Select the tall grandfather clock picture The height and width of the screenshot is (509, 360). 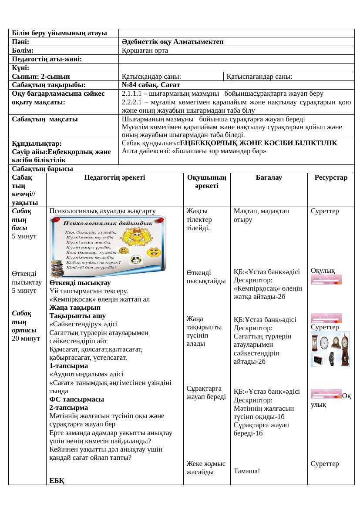click(345, 348)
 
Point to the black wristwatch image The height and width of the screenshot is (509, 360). click(333, 358)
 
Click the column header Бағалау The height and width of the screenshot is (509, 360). click(269, 178)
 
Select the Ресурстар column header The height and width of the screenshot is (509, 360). click(331, 178)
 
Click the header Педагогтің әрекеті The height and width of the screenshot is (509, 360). click(114, 178)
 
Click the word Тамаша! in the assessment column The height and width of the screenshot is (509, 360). click(247, 471)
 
